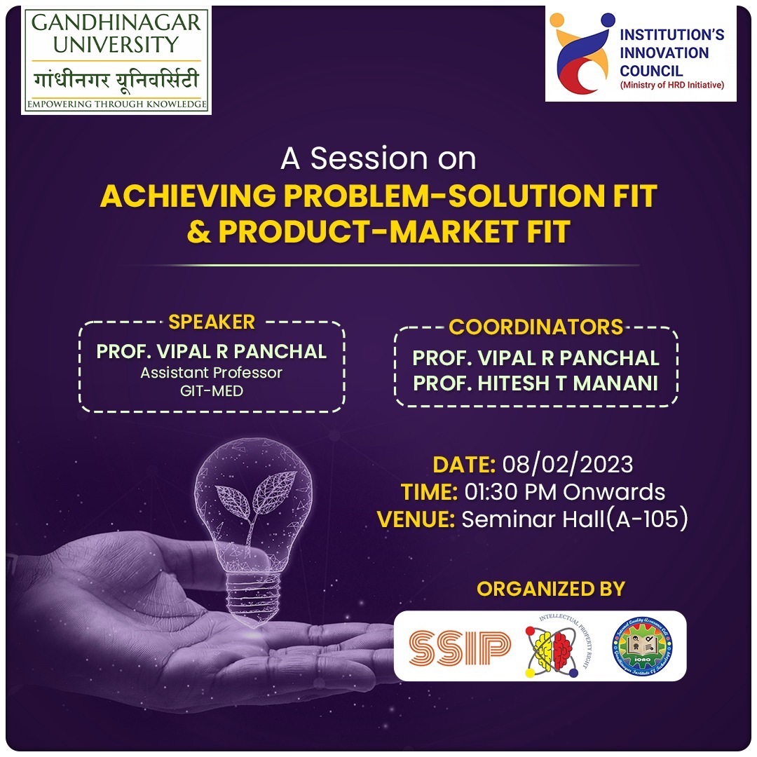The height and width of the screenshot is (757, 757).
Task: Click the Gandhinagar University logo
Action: pyautogui.click(x=116, y=62)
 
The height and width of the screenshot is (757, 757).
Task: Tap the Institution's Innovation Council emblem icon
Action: pyautogui.click(x=580, y=53)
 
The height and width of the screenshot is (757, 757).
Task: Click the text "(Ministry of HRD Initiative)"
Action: pyautogui.click(x=671, y=86)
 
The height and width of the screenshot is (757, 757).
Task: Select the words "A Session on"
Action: pyautogui.click(x=378, y=159)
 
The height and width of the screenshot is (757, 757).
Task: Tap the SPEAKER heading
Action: pyautogui.click(x=212, y=322)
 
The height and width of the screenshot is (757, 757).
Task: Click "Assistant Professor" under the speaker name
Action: pyautogui.click(x=211, y=373)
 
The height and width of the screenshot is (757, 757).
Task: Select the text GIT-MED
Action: pyautogui.click(x=211, y=391)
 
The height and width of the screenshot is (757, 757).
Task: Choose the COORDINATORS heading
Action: pyautogui.click(x=536, y=327)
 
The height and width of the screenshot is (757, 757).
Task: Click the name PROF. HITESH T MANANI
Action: pyautogui.click(x=536, y=383)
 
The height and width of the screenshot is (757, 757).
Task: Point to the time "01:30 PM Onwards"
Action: pyautogui.click(x=565, y=491)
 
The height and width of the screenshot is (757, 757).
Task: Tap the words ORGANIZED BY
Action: pyautogui.click(x=550, y=588)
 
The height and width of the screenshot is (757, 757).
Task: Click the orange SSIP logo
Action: pyautogui.click(x=459, y=646)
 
